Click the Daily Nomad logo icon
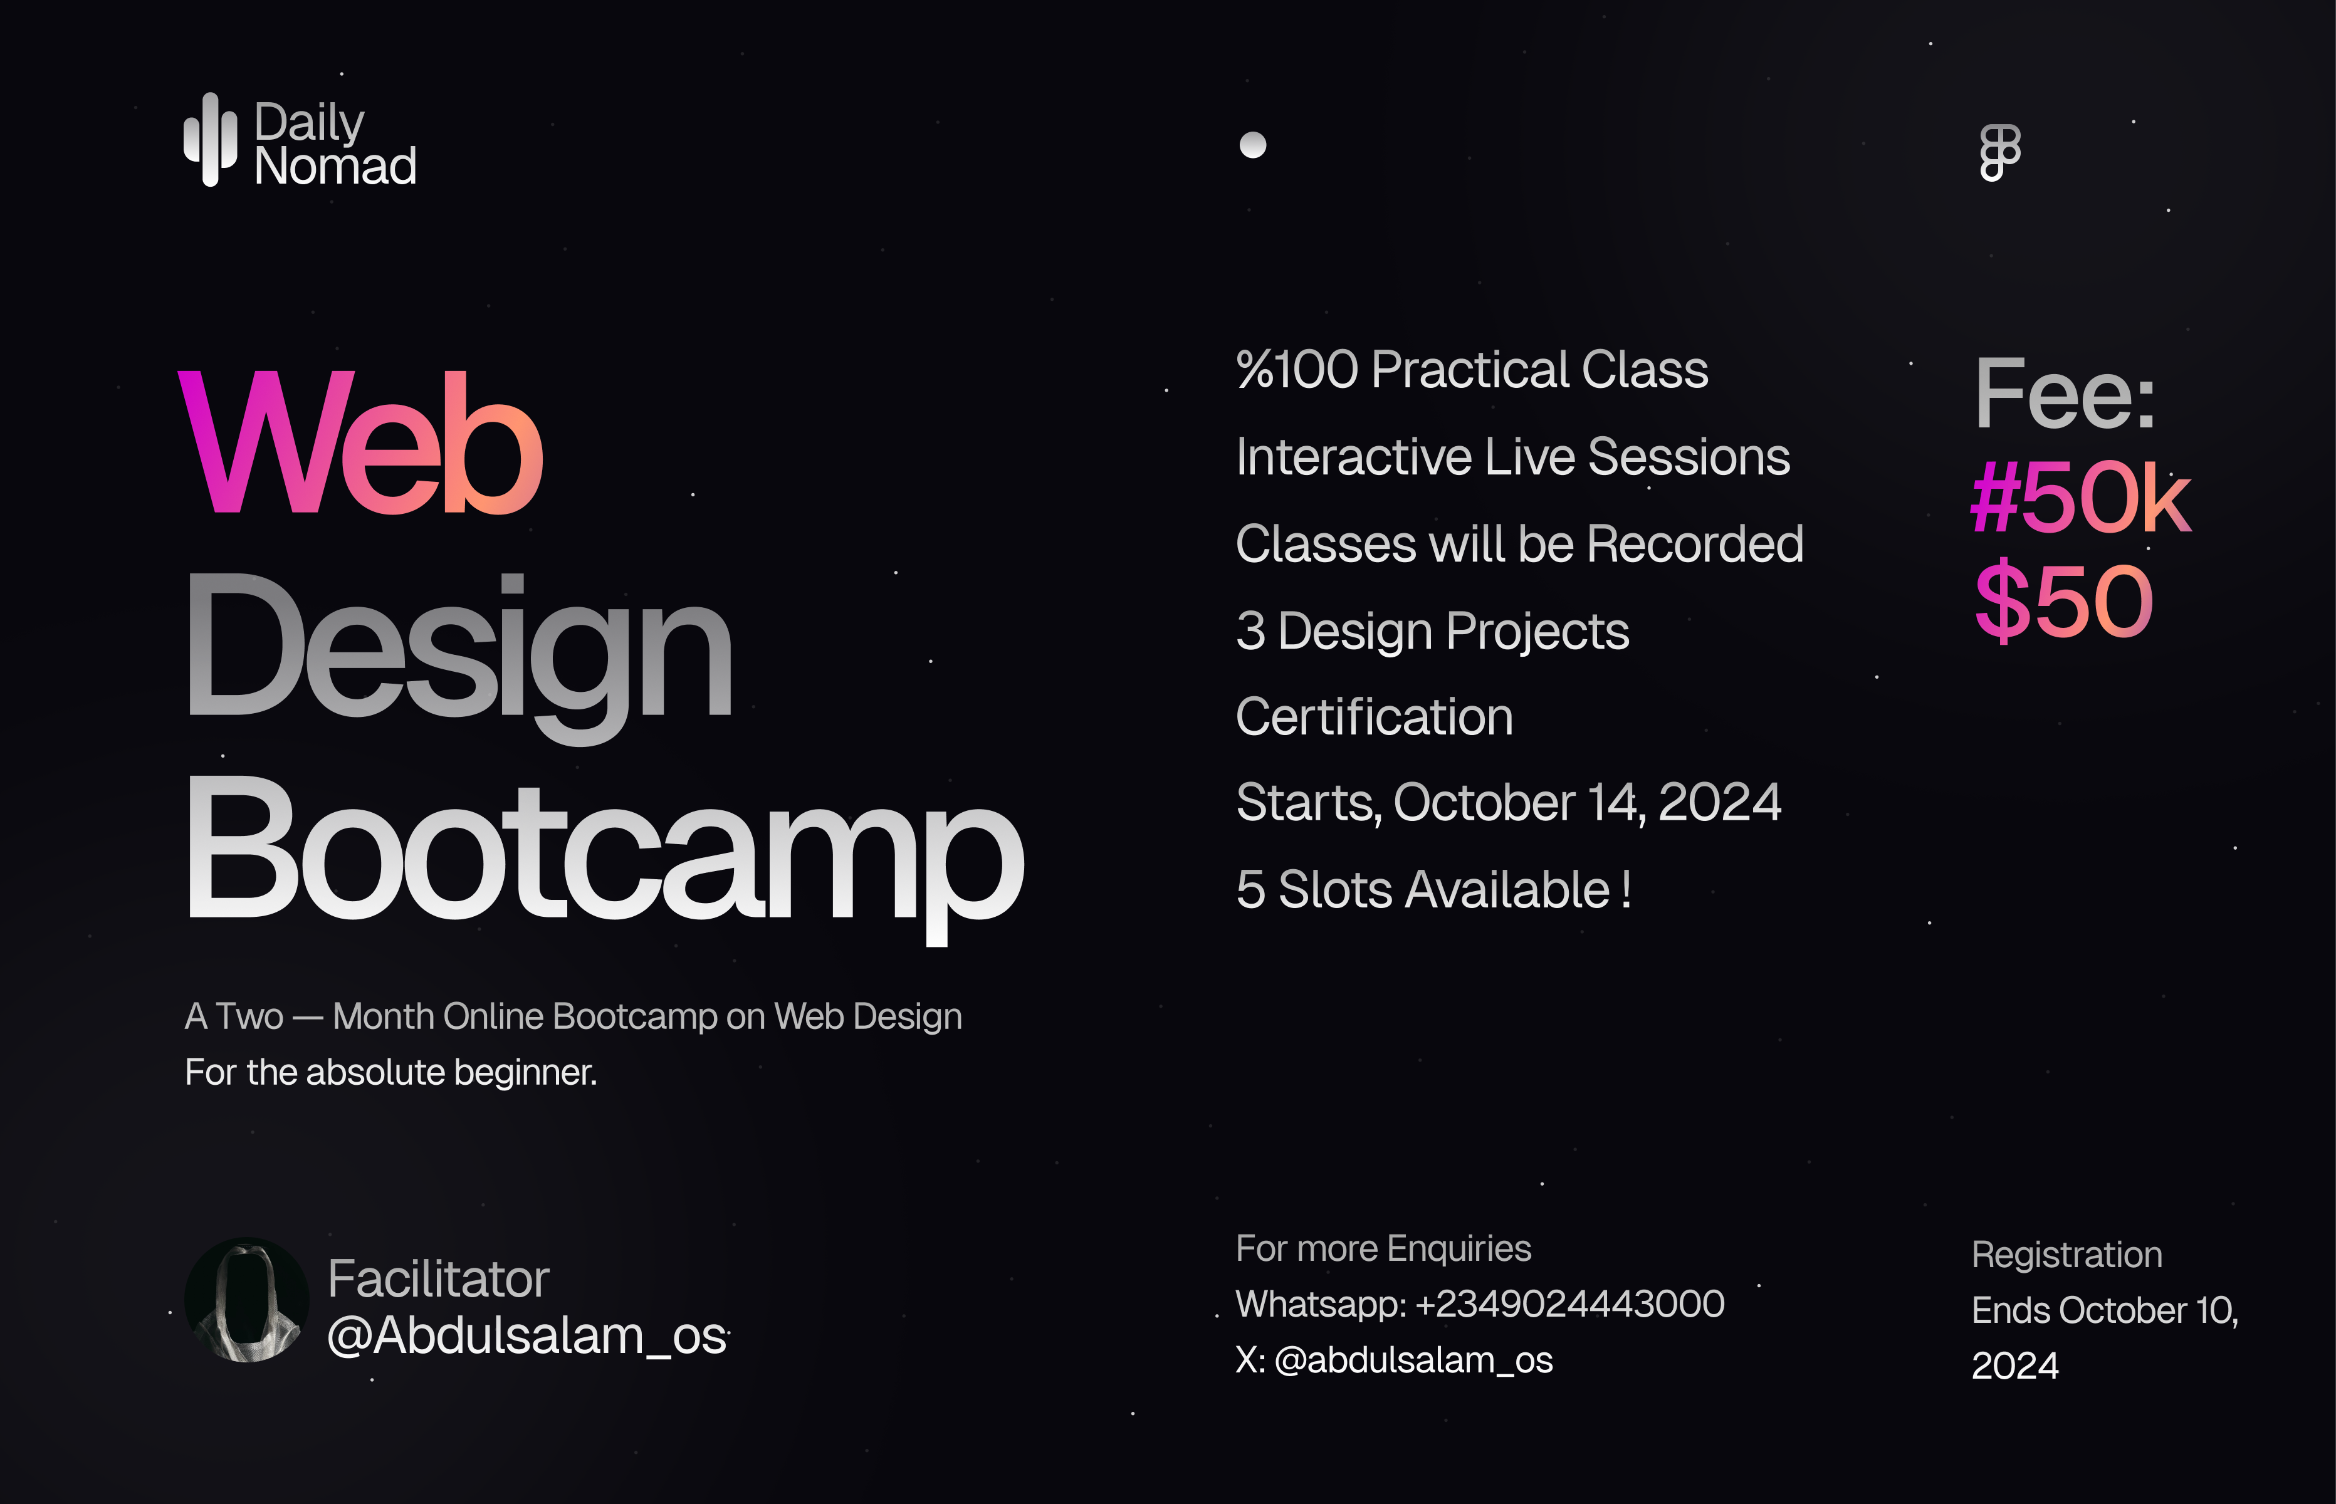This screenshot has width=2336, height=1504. (x=210, y=140)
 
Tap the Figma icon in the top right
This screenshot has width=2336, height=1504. (x=1999, y=152)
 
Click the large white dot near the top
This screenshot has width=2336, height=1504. (x=1253, y=145)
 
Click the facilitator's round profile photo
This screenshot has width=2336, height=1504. (x=247, y=1300)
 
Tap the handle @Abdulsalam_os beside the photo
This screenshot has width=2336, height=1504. (x=527, y=1335)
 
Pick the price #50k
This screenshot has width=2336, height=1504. (x=2081, y=498)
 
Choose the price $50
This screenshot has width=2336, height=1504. (x=2063, y=600)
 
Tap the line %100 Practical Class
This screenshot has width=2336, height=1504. (x=1472, y=370)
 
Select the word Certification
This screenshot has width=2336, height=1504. (x=1374, y=717)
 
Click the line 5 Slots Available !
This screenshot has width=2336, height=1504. (x=1433, y=890)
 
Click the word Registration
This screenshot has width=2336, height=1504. (x=2066, y=1255)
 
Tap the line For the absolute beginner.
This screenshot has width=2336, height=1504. (x=390, y=1072)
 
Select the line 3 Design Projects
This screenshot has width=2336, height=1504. (x=1433, y=631)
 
